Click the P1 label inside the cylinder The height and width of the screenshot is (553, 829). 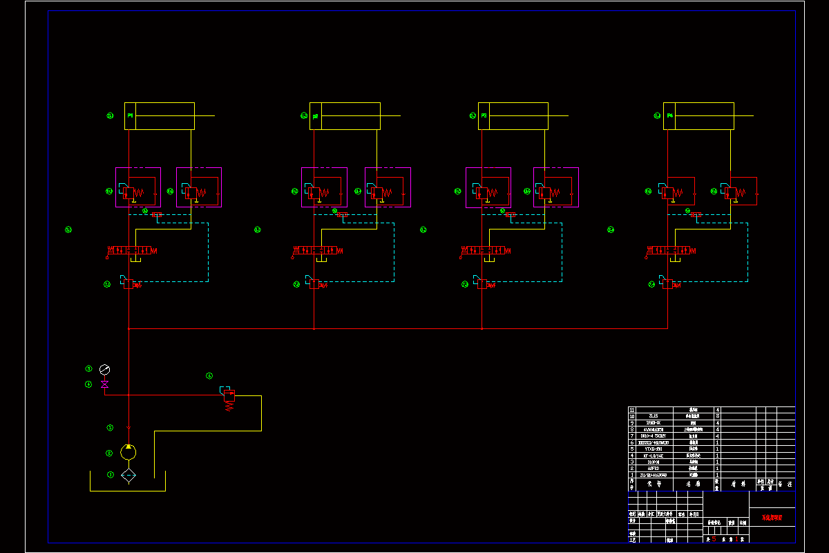coord(129,116)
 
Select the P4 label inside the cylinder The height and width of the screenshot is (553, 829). coord(669,116)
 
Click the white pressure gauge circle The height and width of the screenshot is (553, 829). coord(105,370)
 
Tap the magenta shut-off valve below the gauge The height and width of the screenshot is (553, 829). coord(105,384)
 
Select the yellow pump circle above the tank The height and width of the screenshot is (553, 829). coord(128,452)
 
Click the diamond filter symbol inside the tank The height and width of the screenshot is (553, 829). coord(128,475)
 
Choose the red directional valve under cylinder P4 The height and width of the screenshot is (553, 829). coord(671,250)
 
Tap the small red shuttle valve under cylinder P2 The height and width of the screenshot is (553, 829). coord(341,214)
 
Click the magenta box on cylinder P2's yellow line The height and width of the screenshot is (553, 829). coord(388,187)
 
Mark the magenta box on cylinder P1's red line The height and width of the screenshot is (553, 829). coord(138,187)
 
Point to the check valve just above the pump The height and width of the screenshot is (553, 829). coord(128,428)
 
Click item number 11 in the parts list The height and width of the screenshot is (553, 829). coord(631,410)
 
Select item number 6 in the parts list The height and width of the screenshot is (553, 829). coord(631,442)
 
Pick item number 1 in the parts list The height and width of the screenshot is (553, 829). coord(631,476)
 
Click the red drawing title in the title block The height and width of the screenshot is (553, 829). coord(772,517)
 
